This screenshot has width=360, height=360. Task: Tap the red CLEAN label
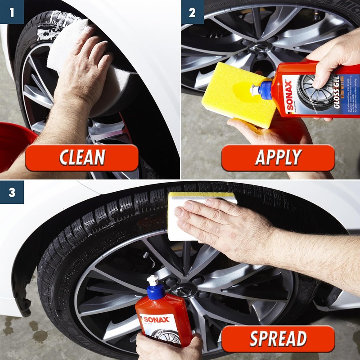(81, 158)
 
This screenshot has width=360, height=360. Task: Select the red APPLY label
(278, 158)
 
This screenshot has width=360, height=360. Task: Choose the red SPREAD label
(278, 339)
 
